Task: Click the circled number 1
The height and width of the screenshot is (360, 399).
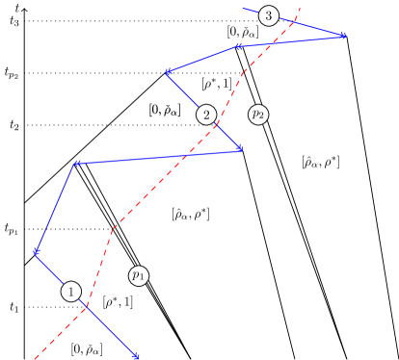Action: pos(70,291)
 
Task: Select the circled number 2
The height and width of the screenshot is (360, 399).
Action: pos(205,115)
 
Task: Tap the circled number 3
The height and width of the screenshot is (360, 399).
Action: pos(268,15)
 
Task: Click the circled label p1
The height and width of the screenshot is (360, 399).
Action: pos(139,276)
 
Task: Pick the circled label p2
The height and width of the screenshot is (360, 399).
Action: pos(257,115)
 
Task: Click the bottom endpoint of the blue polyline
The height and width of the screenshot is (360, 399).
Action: pos(137,357)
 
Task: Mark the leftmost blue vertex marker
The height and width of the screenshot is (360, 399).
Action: pos(35,253)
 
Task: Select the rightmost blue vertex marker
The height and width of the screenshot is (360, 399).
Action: pos(343,37)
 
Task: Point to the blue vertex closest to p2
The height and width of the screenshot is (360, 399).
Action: pos(239,149)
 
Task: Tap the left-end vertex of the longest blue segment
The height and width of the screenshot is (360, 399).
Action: pos(75,165)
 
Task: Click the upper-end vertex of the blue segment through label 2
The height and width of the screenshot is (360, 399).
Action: pos(168,72)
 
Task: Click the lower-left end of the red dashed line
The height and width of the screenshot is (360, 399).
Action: pos(36,358)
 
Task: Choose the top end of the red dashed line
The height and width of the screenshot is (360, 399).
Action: pos(301,8)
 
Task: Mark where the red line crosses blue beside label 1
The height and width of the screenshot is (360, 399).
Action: pos(88,307)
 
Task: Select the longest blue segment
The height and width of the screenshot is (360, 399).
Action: pos(157,157)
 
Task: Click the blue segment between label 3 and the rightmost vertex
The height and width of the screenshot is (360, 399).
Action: pos(308,27)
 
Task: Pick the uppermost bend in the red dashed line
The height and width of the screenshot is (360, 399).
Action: pos(243,70)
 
